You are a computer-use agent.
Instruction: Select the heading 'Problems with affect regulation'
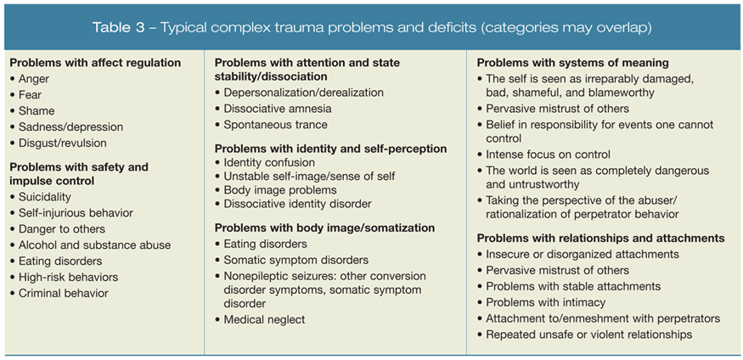[95, 63]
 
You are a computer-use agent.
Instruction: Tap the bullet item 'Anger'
[34, 79]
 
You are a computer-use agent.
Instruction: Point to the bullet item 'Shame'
[37, 111]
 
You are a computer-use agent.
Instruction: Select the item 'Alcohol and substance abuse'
[94, 245]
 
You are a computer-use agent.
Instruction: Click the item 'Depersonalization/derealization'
[304, 93]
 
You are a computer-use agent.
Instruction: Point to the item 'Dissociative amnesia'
[278, 109]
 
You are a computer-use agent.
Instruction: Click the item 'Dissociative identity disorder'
[298, 204]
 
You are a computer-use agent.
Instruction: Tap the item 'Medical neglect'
[264, 320]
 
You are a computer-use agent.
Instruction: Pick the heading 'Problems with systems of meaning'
[573, 63]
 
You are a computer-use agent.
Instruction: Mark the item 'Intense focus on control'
[549, 155]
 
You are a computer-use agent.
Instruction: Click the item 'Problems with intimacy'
[545, 303]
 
